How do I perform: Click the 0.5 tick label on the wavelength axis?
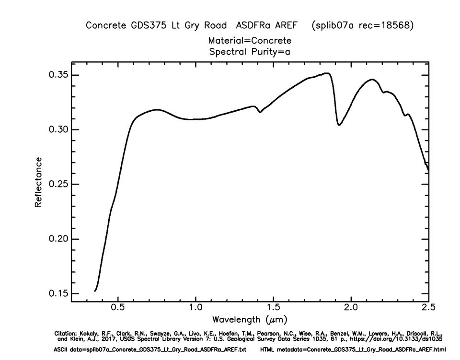pyautogui.click(x=117, y=307)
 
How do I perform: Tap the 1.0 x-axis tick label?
pyautogui.click(x=195, y=307)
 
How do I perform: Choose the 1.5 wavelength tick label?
pyautogui.click(x=273, y=307)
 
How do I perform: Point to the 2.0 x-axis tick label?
pyautogui.click(x=351, y=307)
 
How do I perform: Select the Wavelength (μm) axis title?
pyautogui.click(x=250, y=319)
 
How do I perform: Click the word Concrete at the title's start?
pyautogui.click(x=104, y=26)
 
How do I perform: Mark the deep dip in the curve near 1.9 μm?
pyautogui.click(x=339, y=125)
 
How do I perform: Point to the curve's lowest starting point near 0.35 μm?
pyautogui.click(x=95, y=290)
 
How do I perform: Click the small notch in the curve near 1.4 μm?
pyautogui.click(x=260, y=112)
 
